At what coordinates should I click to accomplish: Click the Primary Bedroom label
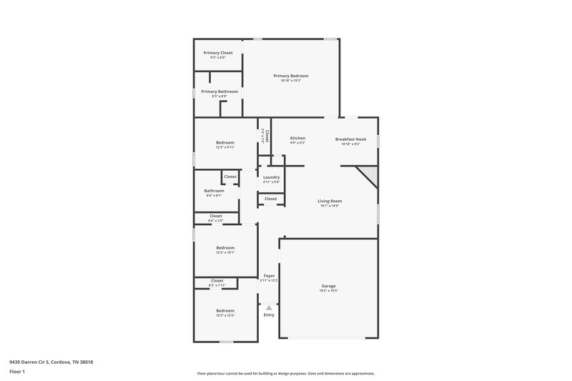[x=291, y=75]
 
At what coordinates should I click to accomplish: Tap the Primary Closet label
[x=217, y=53]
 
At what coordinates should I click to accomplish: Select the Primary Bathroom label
[x=219, y=91]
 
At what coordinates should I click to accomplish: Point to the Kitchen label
[x=297, y=138]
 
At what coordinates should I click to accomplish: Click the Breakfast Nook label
[x=350, y=139]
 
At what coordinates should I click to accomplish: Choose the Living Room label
[x=330, y=201]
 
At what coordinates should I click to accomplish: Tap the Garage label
[x=328, y=286]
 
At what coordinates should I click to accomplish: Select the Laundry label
[x=271, y=177]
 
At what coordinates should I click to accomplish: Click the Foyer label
[x=269, y=275]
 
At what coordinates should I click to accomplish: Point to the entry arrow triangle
[x=269, y=307]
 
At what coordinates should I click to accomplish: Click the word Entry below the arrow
[x=269, y=315]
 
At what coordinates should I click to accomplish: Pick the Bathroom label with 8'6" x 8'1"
[x=214, y=191]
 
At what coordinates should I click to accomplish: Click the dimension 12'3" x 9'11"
[x=225, y=148]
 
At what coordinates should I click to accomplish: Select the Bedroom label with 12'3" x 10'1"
[x=225, y=247]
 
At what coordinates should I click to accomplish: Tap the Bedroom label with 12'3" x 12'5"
[x=225, y=310]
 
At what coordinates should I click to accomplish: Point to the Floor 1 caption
[x=16, y=372]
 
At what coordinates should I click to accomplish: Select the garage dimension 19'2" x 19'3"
[x=328, y=291]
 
